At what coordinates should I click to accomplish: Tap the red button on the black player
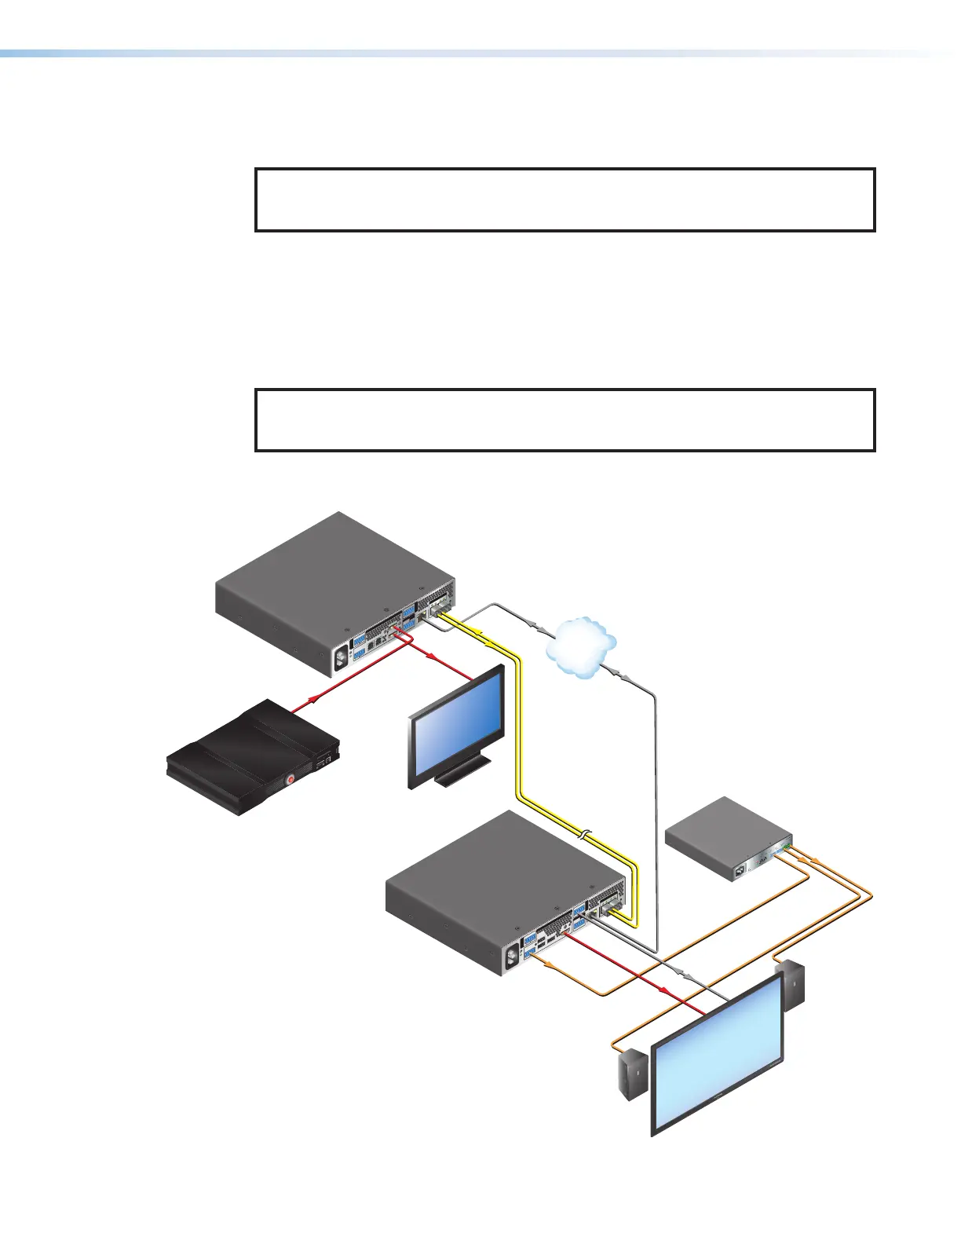pos(290,780)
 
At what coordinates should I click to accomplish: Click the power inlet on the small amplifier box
pos(737,871)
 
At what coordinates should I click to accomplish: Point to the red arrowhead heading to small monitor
pos(433,658)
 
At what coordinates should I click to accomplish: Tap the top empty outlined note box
pos(565,199)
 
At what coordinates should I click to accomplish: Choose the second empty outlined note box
pos(565,419)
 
